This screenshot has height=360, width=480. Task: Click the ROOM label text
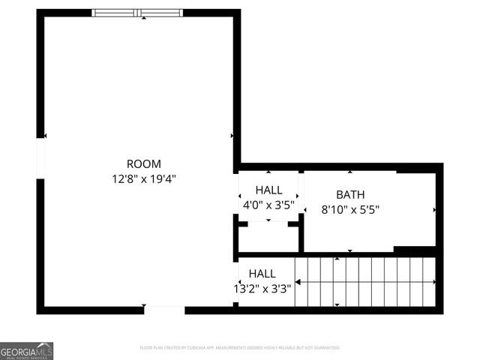point(143,163)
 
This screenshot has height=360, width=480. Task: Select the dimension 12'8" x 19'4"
point(143,179)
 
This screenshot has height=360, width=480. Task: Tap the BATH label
point(350,195)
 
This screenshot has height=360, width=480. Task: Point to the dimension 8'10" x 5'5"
point(350,211)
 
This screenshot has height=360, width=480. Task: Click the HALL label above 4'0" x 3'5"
point(268,190)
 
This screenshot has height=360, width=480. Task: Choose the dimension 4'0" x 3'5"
point(268,205)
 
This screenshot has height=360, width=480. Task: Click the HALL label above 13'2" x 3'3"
point(262,274)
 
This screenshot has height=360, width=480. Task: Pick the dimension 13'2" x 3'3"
point(262,287)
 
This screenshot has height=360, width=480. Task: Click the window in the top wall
point(137,12)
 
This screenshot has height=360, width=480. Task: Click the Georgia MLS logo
point(26,350)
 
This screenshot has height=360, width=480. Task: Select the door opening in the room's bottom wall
point(164,309)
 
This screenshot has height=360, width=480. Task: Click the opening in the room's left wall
point(40,158)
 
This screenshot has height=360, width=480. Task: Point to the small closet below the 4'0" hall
point(268,237)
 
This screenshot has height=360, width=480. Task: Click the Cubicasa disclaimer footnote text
point(240,348)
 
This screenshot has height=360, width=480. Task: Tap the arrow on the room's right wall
point(232,136)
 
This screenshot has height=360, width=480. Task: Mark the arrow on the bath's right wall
point(435,210)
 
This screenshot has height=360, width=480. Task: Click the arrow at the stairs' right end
point(435,281)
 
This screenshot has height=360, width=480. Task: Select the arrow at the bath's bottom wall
point(350,250)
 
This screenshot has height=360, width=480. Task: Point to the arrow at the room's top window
point(143,18)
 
